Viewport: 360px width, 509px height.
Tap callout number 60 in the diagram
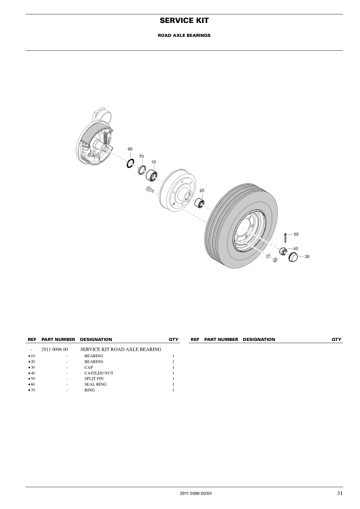coord(130,149)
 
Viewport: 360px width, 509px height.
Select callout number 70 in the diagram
coord(142,156)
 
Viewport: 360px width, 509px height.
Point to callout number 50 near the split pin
coord(296,233)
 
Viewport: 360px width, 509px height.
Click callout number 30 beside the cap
coord(307,256)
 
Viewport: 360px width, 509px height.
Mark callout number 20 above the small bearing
coord(202,190)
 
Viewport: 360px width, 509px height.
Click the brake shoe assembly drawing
coord(96,140)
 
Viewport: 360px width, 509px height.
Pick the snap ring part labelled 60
coord(130,163)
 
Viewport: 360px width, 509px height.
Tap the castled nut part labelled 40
coord(282,251)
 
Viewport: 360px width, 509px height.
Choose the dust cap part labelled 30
coord(293,258)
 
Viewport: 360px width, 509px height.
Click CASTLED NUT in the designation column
coord(99,373)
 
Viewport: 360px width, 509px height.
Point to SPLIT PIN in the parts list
coord(95,378)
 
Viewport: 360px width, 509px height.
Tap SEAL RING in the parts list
coord(96,384)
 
